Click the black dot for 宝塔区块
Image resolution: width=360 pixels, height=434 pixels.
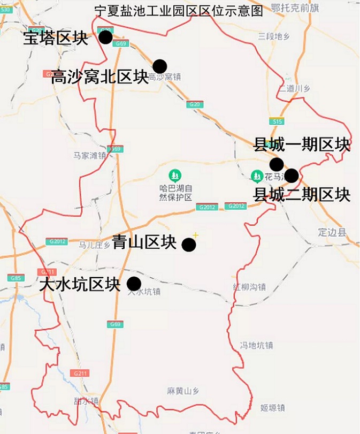point(105,37)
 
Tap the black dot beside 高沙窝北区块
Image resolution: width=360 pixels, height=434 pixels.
point(159,66)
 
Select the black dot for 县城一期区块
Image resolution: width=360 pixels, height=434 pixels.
point(276,164)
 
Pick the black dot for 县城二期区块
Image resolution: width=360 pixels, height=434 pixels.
point(291,175)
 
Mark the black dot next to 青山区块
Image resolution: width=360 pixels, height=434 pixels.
point(188,245)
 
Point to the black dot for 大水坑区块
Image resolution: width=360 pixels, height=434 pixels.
point(133,284)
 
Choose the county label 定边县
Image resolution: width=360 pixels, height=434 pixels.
point(332,232)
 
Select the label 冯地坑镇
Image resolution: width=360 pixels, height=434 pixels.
point(256,345)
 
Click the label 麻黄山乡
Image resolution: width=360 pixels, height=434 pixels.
point(183,391)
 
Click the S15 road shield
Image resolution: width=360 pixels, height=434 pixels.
point(276,121)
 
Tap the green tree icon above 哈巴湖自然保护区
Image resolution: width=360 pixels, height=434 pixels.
point(175,175)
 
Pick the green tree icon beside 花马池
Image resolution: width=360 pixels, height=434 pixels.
point(257,175)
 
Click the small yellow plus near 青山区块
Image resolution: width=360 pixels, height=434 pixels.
point(196,235)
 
